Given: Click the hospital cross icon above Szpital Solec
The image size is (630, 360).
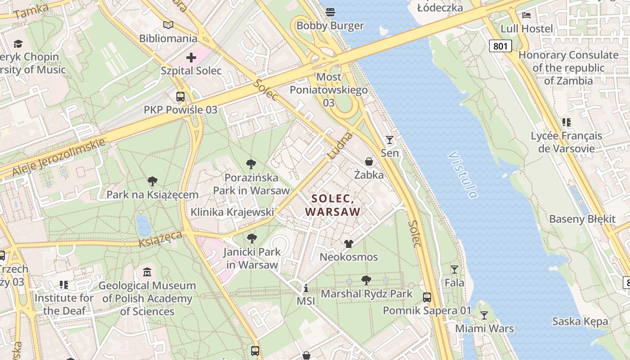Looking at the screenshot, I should click(x=191, y=58).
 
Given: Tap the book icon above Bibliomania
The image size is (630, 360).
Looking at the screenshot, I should click(x=168, y=25).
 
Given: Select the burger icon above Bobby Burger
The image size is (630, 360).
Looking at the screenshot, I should click(x=330, y=12).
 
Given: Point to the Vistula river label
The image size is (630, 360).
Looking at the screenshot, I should click(x=463, y=175).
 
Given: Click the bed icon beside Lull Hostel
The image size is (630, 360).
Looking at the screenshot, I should click(x=526, y=15).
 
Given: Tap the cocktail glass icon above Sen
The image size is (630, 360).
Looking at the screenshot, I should click(x=390, y=140).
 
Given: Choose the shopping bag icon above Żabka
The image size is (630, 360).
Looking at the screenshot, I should click(x=369, y=162).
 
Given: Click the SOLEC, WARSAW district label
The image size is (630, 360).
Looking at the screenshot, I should click(x=333, y=205).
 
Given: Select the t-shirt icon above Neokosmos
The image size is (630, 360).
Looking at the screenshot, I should click(x=349, y=244).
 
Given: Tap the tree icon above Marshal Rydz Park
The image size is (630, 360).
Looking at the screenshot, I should click(x=366, y=280).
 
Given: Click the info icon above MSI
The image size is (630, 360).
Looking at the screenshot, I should click(x=306, y=288).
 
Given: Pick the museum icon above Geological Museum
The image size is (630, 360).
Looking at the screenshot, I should click(x=147, y=272).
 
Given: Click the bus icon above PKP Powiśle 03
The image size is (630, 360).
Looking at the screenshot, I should click(x=180, y=97).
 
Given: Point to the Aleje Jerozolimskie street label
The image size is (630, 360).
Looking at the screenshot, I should click(x=58, y=157).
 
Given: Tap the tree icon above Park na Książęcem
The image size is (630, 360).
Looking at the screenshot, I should click(x=153, y=181).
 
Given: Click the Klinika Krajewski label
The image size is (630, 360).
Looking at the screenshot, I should click(x=232, y=212).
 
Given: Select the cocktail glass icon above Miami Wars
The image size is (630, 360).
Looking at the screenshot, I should click(x=484, y=315).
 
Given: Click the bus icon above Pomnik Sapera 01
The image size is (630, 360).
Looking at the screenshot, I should click(x=427, y=297).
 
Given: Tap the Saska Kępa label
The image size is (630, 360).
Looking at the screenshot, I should click(x=580, y=321).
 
